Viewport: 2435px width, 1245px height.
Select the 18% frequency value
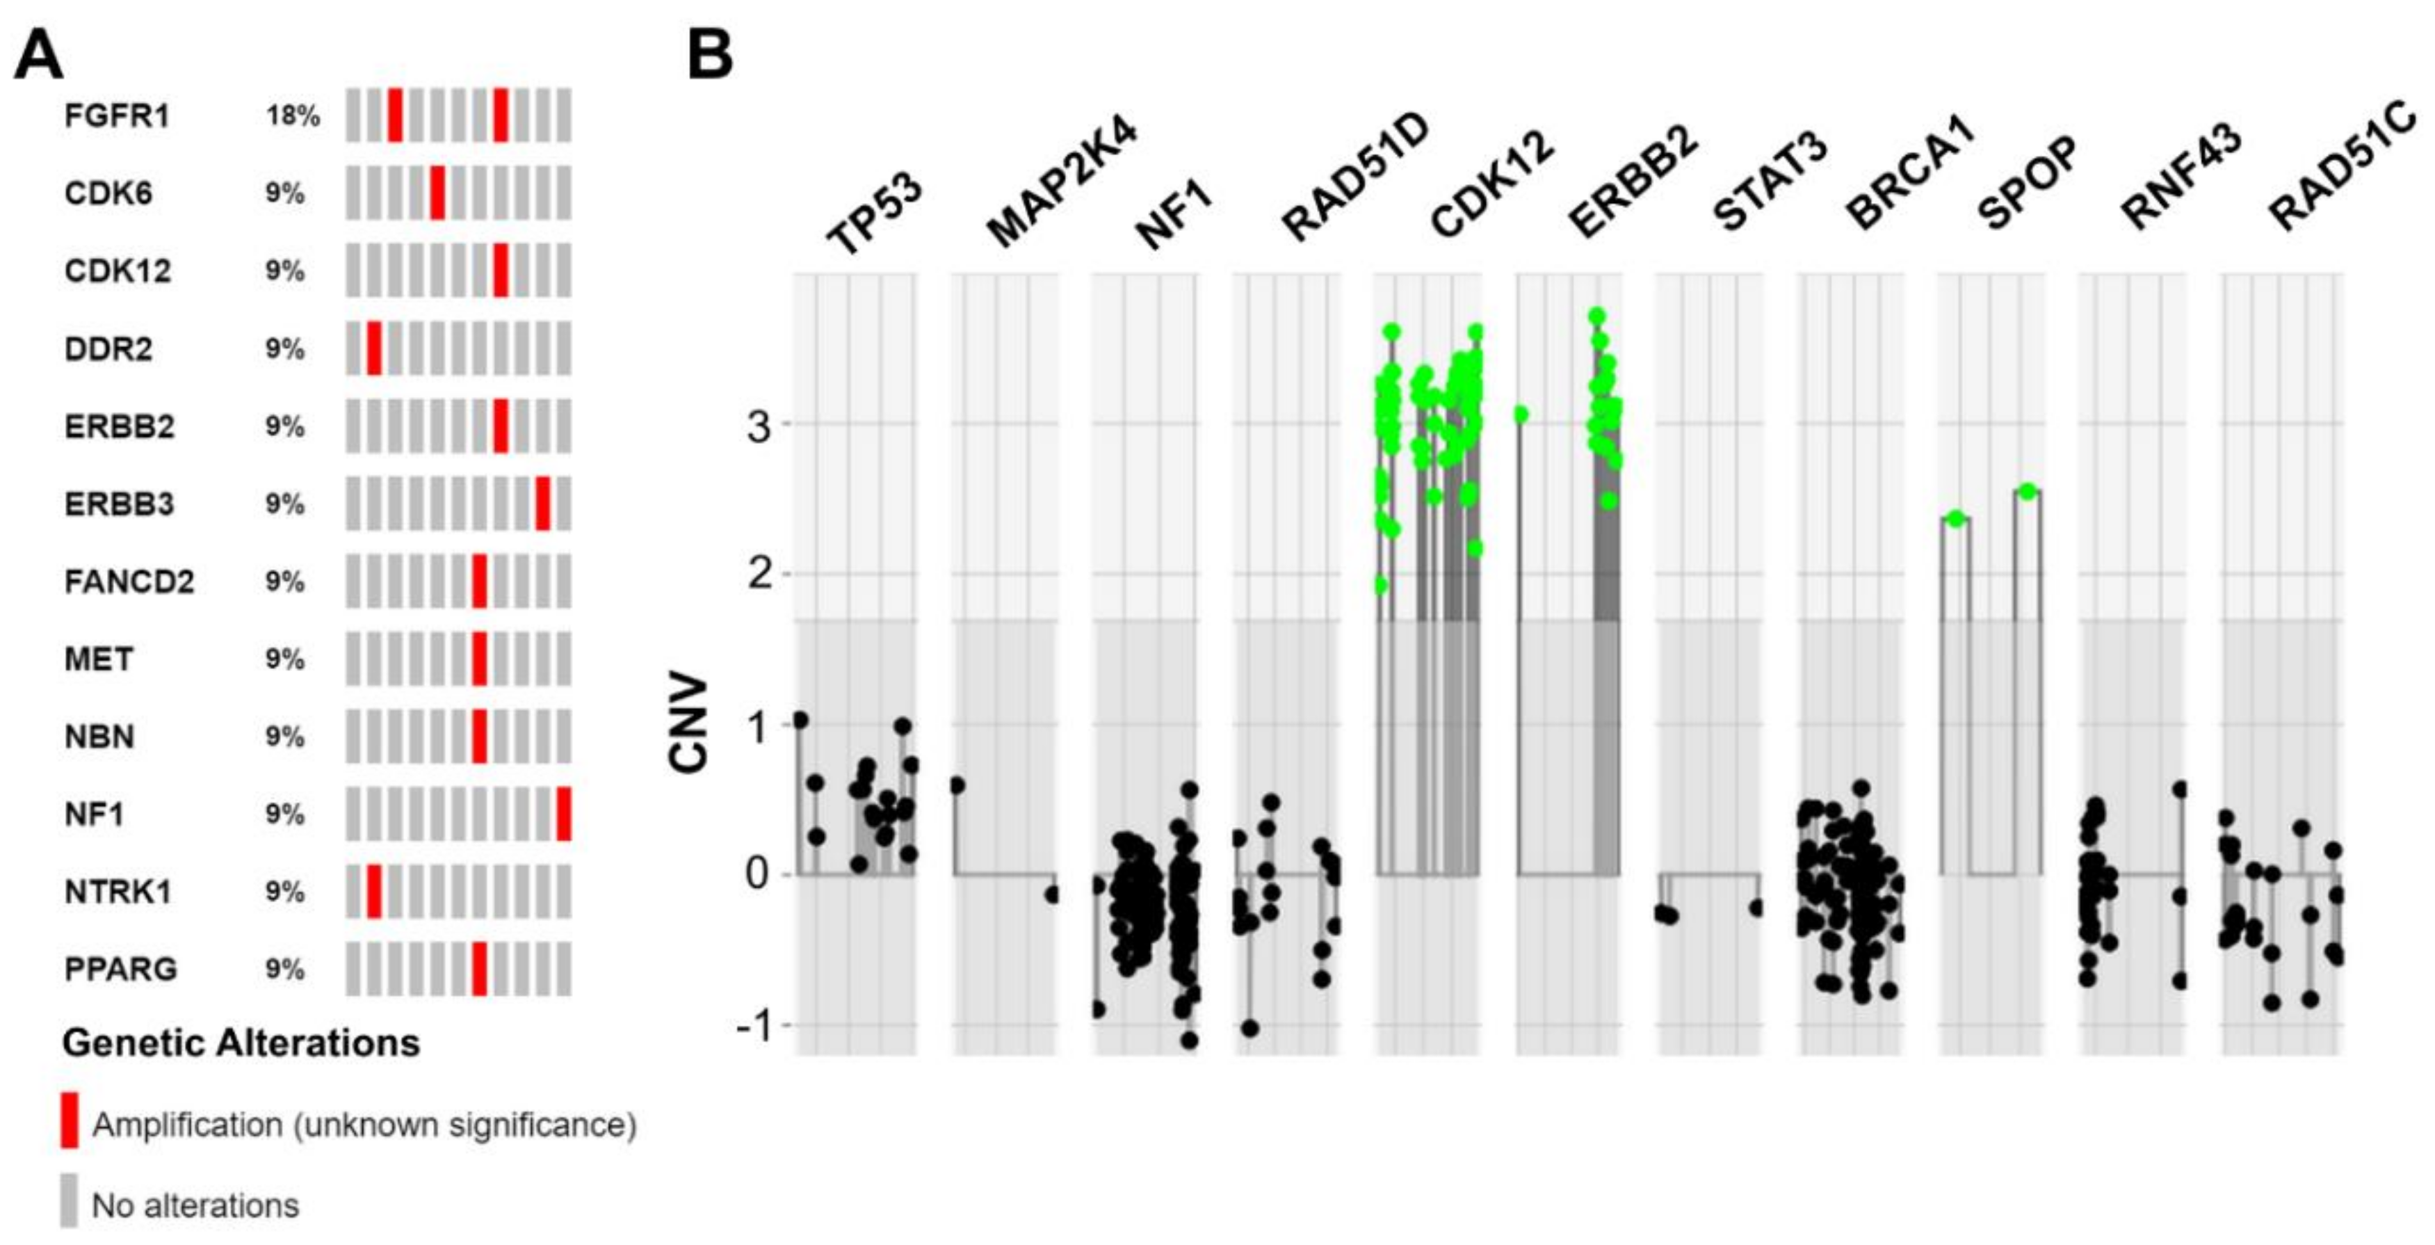[x=292, y=115]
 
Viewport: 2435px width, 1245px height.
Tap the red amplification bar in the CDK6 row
[x=437, y=193]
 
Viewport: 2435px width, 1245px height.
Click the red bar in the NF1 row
[x=563, y=814]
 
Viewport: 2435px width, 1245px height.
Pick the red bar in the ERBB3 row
[x=542, y=504]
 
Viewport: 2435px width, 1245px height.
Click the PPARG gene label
[x=120, y=969]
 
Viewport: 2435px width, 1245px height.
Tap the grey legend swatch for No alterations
[x=69, y=1200]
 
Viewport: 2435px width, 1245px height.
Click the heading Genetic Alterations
[x=240, y=1043]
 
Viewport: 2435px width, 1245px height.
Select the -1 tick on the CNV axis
[x=752, y=1026]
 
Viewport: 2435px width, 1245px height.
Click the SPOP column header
[x=2028, y=184]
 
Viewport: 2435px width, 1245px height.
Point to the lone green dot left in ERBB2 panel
[x=1520, y=414]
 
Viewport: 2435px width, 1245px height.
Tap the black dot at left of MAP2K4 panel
[x=957, y=785]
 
